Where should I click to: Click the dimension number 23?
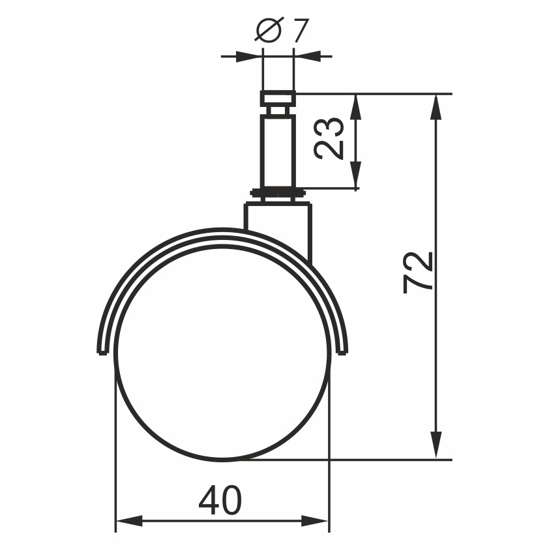click(329, 138)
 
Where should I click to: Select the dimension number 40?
click(220, 501)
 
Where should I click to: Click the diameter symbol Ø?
click(268, 31)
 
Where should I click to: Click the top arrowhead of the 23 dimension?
click(355, 105)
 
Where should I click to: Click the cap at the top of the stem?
click(278, 99)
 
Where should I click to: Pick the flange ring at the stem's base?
click(278, 193)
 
